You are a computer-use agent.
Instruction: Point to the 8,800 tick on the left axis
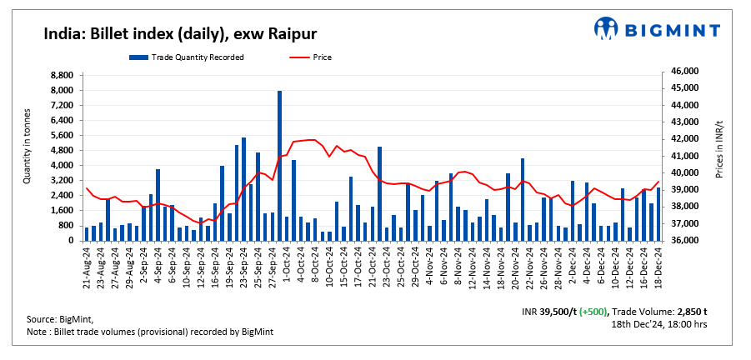tap(63, 75)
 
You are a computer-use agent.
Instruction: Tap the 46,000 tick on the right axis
tap(677, 72)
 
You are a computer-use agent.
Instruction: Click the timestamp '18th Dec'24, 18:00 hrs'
tap(658, 324)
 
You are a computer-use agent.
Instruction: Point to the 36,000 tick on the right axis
tap(677, 241)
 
